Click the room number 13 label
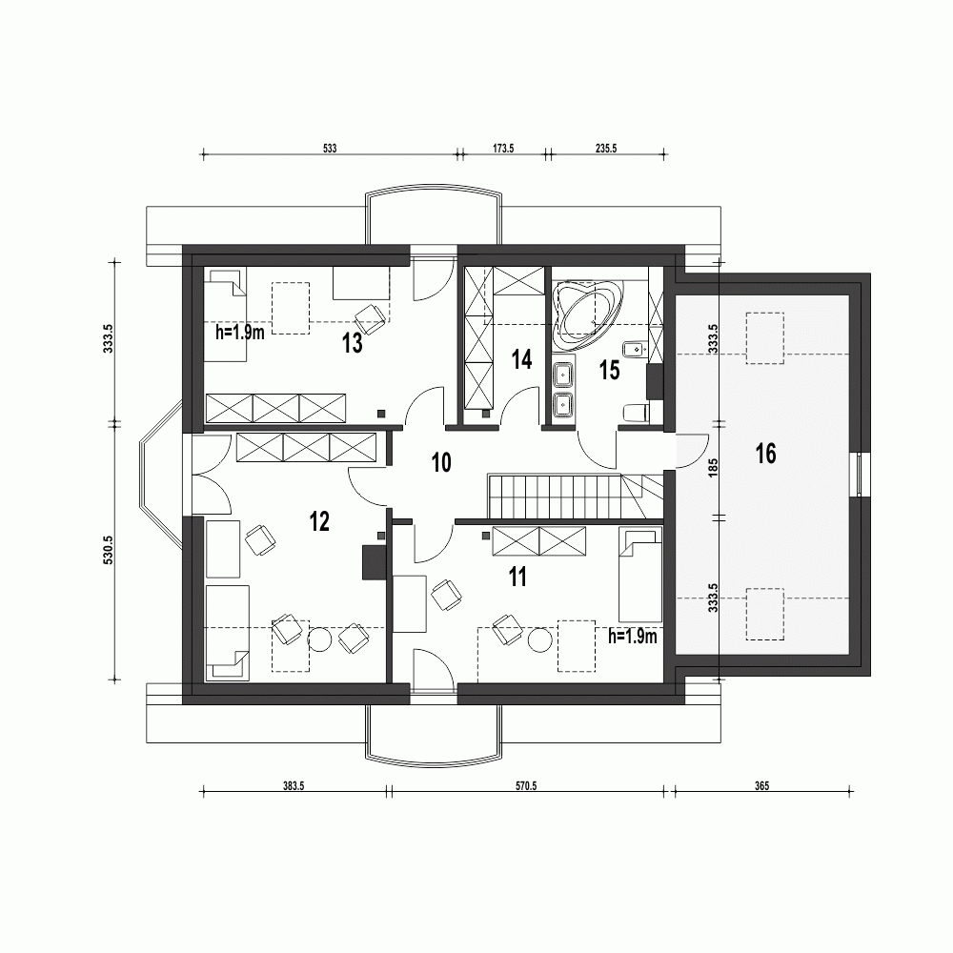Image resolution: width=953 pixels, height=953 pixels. coord(353,344)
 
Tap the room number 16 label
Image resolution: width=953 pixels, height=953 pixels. coord(765,454)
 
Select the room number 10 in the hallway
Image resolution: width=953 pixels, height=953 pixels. coord(441,463)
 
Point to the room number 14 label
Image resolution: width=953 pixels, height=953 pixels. coord(520,359)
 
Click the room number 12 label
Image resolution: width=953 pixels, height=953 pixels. coord(319,520)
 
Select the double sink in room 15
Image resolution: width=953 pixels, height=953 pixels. coord(563,389)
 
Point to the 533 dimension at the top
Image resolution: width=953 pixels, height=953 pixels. coord(330,149)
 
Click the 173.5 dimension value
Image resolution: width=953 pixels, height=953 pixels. coord(502,149)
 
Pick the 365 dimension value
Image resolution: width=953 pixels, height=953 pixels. coord(760,787)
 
